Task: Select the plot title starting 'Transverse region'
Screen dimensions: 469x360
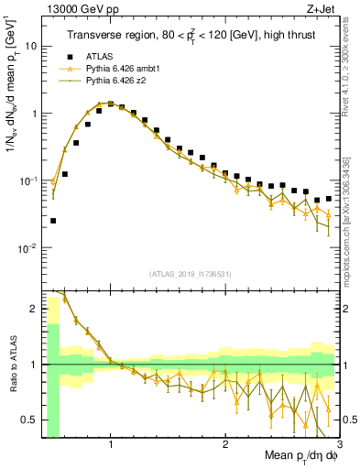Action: click(190, 36)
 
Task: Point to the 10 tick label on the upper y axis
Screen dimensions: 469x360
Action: click(31, 45)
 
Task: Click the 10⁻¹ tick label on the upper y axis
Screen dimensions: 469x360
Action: click(27, 180)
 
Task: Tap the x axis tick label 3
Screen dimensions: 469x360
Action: click(337, 444)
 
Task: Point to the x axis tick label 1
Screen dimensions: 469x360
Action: click(111, 444)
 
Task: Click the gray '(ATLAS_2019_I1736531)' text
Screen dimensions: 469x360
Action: click(191, 274)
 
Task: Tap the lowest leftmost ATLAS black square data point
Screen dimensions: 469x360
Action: click(53, 221)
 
